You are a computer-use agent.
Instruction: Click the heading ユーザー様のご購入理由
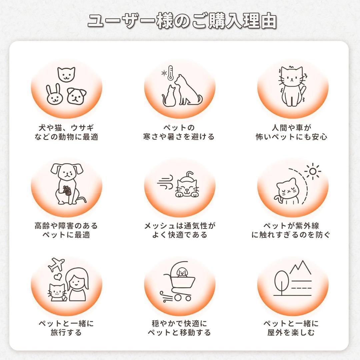182,21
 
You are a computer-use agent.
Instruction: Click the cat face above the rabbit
66,74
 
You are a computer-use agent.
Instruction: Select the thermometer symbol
170,73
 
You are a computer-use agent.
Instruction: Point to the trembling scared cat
292,86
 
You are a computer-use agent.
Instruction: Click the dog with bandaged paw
67,183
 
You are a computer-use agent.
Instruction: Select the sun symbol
312,171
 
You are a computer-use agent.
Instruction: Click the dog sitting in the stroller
182,272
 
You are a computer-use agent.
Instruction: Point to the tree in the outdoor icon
281,282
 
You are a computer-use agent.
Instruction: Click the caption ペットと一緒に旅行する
66,328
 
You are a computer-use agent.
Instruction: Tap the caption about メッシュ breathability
180,230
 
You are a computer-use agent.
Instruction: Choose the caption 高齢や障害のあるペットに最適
66,230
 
